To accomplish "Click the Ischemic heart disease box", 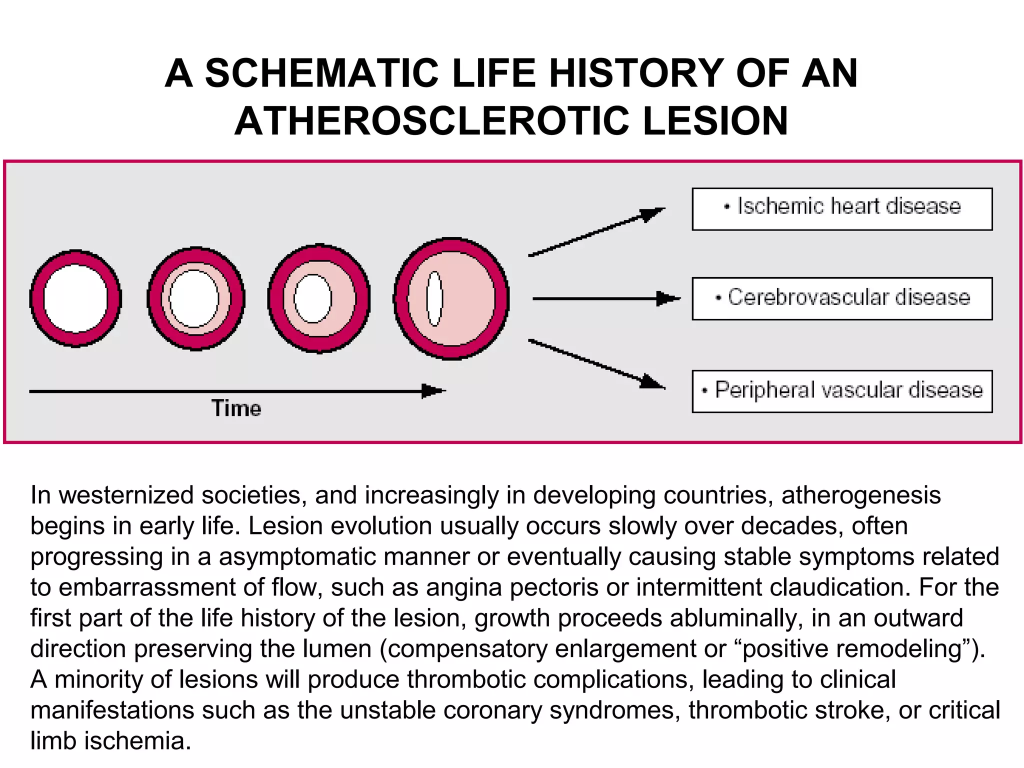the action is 842,209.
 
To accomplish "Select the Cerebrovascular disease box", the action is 842,298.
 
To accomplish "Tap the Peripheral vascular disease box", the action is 842,391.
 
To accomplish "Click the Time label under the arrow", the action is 236,408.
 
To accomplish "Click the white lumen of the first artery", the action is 75,298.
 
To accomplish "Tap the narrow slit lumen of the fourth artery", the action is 434,298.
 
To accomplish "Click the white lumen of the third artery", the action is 313,298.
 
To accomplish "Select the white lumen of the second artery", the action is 194,298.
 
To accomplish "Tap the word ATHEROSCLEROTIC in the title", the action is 431,121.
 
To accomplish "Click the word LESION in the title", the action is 715,121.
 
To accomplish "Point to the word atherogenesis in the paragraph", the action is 861,495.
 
